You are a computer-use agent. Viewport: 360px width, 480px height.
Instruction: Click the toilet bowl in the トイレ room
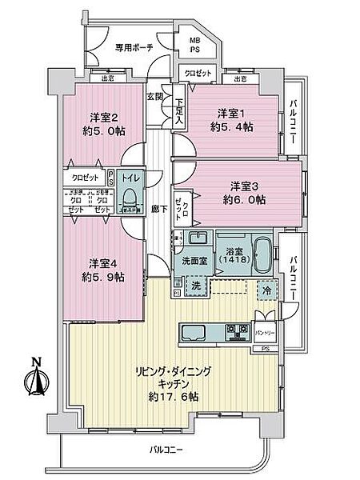tap(129, 199)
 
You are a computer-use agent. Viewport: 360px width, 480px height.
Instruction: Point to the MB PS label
tap(194, 45)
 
